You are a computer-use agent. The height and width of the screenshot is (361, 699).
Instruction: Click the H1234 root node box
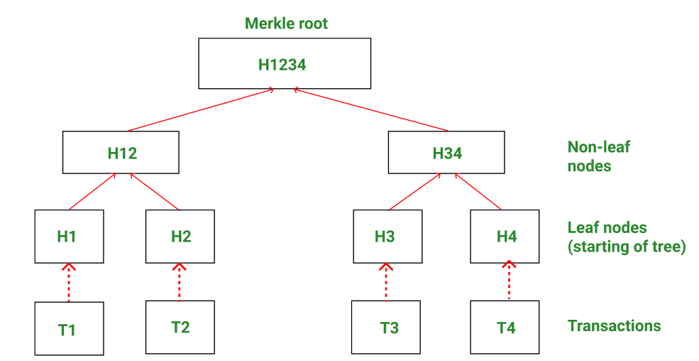coord(284,64)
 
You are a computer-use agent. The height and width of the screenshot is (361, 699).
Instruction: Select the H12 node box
coord(121,152)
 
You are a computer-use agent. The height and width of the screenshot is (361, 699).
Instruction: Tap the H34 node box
coord(447,152)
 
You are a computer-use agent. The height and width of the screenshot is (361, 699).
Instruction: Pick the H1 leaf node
coord(68,237)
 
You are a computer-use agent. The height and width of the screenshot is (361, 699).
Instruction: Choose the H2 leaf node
coord(180,237)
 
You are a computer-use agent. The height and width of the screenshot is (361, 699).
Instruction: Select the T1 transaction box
coord(69,328)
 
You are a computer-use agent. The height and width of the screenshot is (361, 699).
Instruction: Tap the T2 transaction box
coord(180,327)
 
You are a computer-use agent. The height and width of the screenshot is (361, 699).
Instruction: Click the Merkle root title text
coord(286,23)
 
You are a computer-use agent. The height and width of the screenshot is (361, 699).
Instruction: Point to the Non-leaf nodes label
coord(598,156)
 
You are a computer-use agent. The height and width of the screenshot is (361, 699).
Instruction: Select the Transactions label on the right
coord(614,326)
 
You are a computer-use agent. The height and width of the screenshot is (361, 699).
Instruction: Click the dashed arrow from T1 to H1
coord(68,282)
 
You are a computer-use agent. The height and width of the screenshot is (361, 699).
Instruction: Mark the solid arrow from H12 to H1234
coord(200,110)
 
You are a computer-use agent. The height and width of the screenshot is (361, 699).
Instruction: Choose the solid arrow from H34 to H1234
coord(369,110)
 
